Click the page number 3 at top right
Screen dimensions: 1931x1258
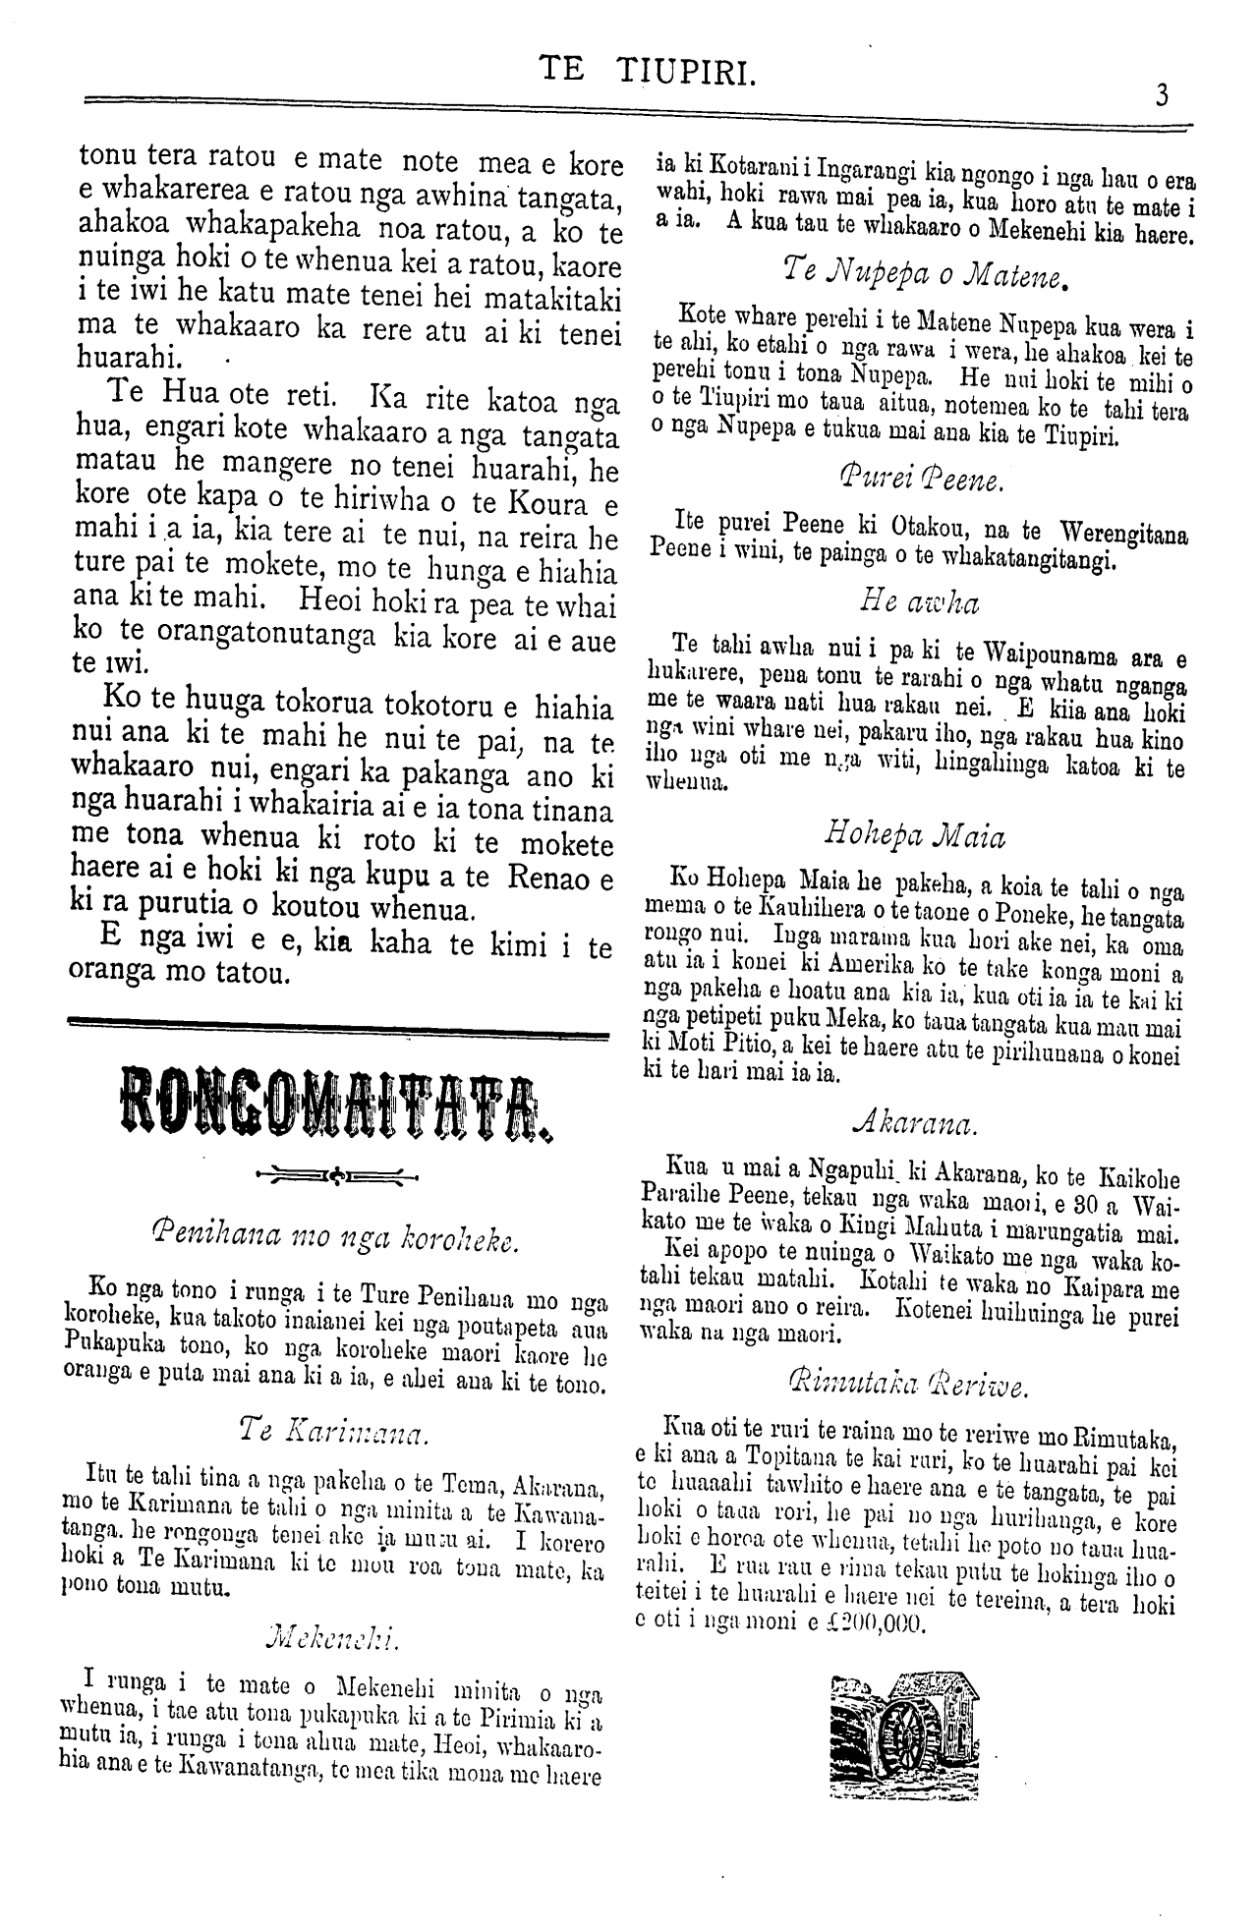point(1162,95)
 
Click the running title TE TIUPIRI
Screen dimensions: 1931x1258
point(648,70)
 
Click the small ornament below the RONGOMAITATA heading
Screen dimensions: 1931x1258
point(335,1173)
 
